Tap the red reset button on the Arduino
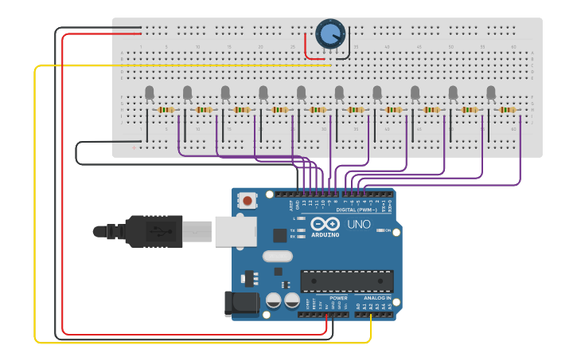coord(248,201)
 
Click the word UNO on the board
coord(359,225)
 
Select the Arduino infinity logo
coord(326,224)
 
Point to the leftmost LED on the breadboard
coord(150,94)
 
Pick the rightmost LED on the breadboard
coord(491,93)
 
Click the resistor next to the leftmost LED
coord(166,110)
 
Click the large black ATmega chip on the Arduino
coord(346,281)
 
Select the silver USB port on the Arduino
coord(236,231)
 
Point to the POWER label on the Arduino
coord(338,298)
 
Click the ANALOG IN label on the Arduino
coord(378,298)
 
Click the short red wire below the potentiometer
coord(306,49)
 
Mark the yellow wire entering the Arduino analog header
coord(372,327)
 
